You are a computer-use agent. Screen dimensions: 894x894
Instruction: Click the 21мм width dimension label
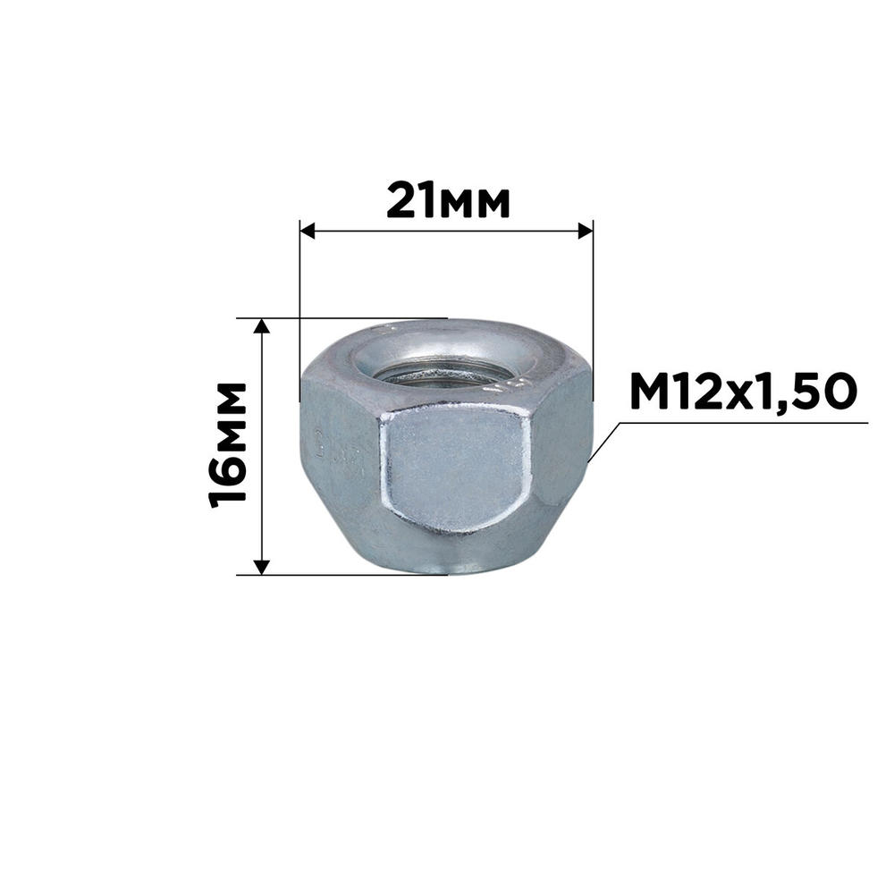(448, 201)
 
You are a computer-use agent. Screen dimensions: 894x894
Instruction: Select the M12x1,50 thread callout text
(743, 392)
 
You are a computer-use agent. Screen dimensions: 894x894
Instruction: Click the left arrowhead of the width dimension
(308, 231)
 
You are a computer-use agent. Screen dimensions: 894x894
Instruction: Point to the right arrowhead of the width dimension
(586, 231)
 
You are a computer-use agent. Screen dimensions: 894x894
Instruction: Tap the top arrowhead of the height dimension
(261, 326)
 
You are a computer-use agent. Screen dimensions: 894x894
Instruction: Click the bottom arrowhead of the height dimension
(261, 568)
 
